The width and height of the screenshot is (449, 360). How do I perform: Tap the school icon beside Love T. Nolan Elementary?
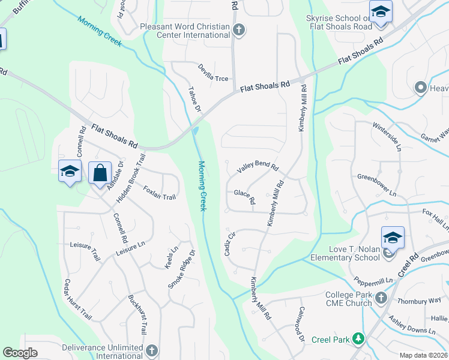click(x=393, y=238)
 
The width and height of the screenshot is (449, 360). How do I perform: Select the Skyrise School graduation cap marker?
click(x=380, y=13)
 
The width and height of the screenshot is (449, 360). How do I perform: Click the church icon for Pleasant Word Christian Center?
click(x=239, y=30)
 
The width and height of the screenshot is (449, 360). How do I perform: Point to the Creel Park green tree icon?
click(x=358, y=340)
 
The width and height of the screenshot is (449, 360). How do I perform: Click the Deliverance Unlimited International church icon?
click(x=151, y=350)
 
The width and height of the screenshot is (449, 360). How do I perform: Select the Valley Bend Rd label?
click(x=258, y=167)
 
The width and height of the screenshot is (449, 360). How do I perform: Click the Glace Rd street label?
click(x=244, y=196)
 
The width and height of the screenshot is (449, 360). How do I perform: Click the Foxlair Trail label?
click(x=160, y=193)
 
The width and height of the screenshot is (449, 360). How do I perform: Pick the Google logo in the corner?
click(x=20, y=353)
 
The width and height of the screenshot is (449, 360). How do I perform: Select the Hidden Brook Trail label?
click(x=132, y=178)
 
